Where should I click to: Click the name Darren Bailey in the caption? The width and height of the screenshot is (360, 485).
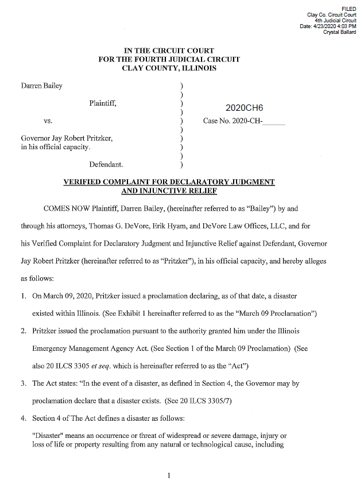(42, 86)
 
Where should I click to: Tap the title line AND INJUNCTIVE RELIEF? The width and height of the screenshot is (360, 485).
(169, 191)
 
